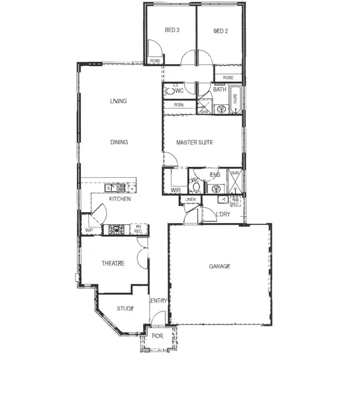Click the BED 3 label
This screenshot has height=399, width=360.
click(x=172, y=30)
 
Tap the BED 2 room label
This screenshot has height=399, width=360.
click(x=220, y=31)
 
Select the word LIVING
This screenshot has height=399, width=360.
click(x=118, y=101)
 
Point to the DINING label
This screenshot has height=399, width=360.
click(x=119, y=142)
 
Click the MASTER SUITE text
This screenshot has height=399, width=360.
click(x=194, y=142)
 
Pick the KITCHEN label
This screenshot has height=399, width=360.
click(x=120, y=199)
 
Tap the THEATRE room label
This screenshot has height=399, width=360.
click(x=113, y=263)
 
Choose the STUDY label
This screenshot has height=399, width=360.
click(x=125, y=308)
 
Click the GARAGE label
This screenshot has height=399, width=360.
click(x=219, y=266)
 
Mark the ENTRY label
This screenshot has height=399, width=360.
click(x=159, y=301)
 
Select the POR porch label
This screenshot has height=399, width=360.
click(x=157, y=336)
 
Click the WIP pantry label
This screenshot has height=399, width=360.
click(x=89, y=230)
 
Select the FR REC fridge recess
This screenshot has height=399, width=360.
click(x=139, y=229)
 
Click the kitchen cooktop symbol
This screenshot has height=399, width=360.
click(x=116, y=229)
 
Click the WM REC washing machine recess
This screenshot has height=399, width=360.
click(x=235, y=201)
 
